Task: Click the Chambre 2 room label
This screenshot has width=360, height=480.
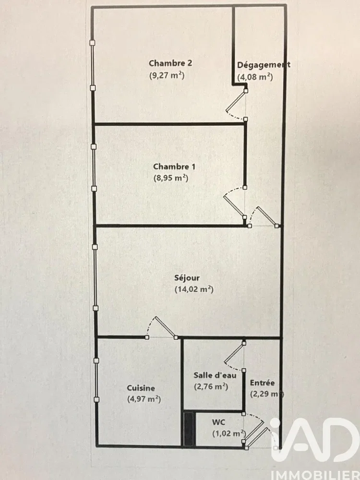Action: click(170, 63)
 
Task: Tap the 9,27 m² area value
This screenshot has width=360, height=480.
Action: click(167, 75)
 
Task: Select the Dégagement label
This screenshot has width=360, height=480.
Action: click(264, 65)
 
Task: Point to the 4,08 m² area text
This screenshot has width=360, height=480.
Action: click(255, 77)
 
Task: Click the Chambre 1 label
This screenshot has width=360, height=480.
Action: click(174, 167)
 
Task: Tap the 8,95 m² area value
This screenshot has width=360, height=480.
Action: click(171, 178)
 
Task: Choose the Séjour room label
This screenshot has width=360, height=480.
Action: click(187, 278)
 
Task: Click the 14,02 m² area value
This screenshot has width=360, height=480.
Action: click(194, 289)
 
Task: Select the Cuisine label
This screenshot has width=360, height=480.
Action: click(141, 388)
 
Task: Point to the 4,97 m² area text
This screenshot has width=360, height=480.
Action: click(144, 399)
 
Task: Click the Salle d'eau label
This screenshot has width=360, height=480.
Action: click(215, 375)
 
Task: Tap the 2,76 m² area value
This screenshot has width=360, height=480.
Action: click(211, 386)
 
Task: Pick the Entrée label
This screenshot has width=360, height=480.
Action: click(263, 383)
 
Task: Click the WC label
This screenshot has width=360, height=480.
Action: click(218, 422)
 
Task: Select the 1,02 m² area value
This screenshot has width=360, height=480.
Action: click(229, 434)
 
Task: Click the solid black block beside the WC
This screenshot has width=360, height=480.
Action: click(189, 429)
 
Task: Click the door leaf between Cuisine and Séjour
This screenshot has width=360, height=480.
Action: click(165, 327)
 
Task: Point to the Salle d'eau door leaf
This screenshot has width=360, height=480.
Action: click(234, 353)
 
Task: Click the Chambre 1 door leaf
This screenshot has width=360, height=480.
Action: click(234, 206)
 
